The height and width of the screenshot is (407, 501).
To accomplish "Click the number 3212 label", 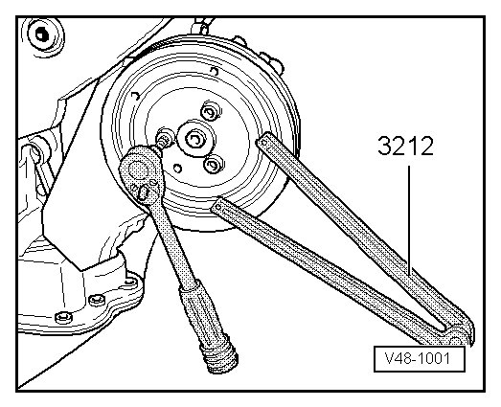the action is [x=405, y=146].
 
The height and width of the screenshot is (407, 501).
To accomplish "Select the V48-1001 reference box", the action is [x=420, y=359].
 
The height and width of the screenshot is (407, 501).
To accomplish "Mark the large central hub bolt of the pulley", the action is [x=194, y=139].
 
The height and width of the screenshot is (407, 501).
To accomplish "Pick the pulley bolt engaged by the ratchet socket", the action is [x=163, y=140].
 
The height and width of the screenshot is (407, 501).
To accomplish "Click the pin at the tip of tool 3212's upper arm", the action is [x=264, y=143].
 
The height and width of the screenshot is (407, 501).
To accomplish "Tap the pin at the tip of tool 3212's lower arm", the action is [x=218, y=207].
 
